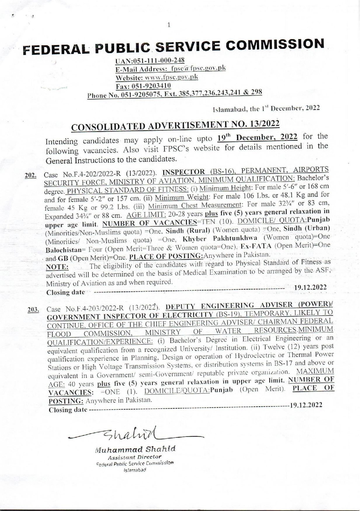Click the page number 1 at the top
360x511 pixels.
[169, 25]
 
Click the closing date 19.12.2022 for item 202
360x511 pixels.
[310, 288]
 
